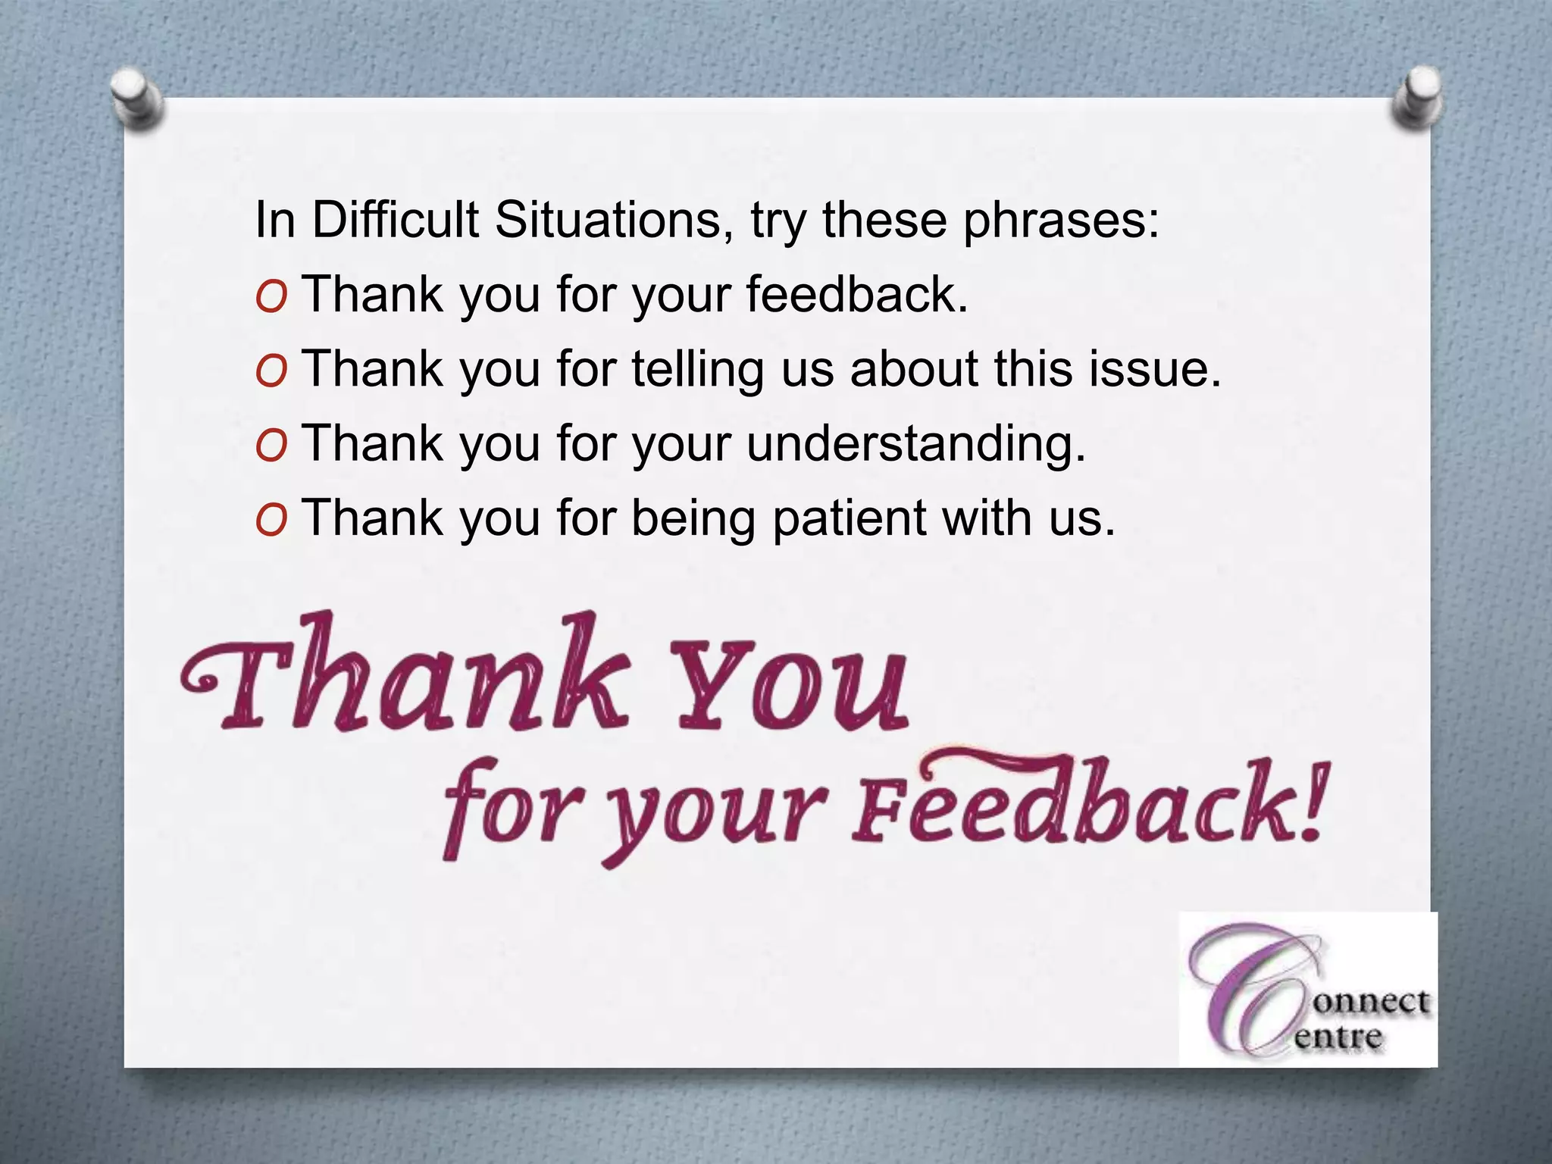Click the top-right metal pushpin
coord(1417,96)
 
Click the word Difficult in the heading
coord(395,220)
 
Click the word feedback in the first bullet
coord(856,293)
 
